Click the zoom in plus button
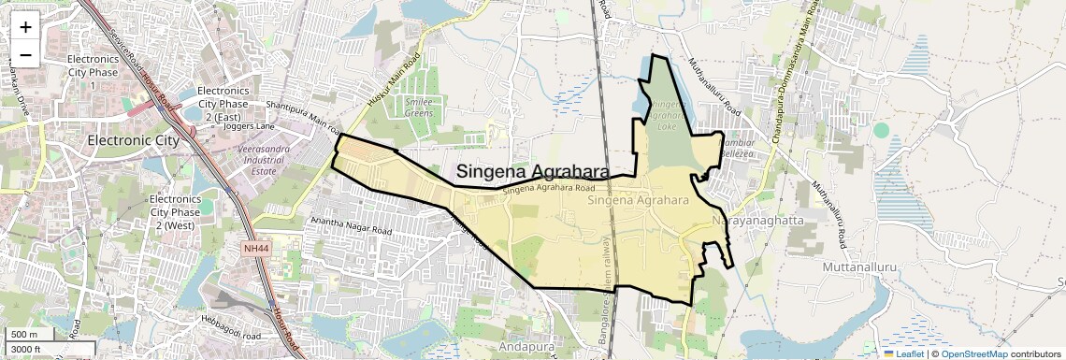pyautogui.click(x=25, y=26)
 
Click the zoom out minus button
pyautogui.click(x=25, y=54)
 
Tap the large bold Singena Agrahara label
pyautogui.click(x=532, y=172)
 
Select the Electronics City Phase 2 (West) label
pyautogui.click(x=176, y=212)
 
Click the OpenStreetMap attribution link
pyautogui.click(x=973, y=353)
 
